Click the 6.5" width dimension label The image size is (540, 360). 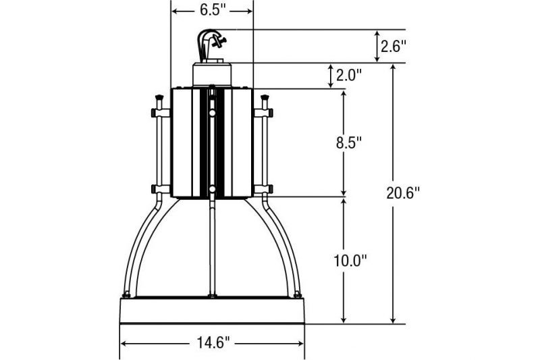click(212, 10)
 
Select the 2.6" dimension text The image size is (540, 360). click(394, 46)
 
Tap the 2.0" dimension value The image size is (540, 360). click(349, 75)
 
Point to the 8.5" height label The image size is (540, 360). click(349, 143)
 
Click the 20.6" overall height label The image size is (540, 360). click(403, 193)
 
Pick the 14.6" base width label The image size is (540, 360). click(213, 343)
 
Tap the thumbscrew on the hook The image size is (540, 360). click(219, 42)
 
